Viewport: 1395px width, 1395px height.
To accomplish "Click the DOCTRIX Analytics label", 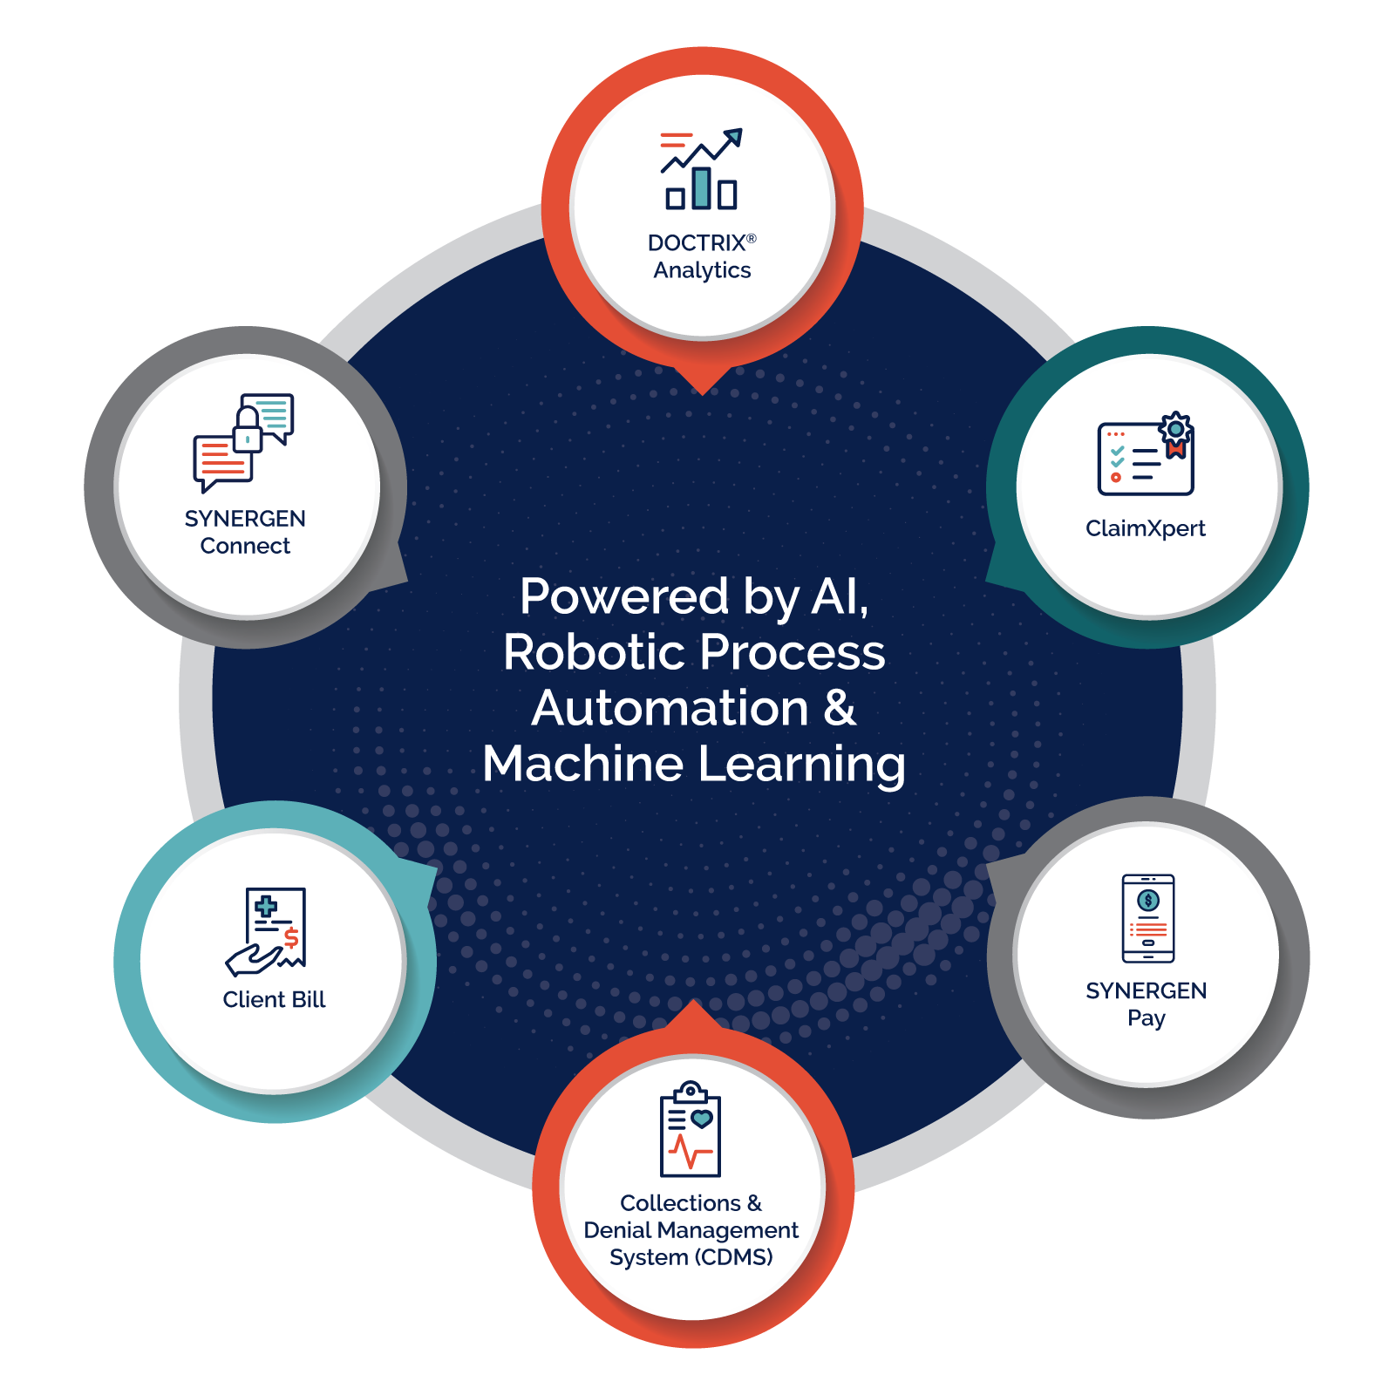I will tap(702, 256).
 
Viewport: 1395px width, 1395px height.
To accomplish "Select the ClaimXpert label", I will tap(1145, 528).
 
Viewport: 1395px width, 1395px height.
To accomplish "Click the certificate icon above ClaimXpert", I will tap(1145, 455).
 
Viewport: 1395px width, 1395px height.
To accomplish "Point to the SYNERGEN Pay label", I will tap(1146, 1004).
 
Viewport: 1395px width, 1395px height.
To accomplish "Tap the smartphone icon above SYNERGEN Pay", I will tap(1147, 918).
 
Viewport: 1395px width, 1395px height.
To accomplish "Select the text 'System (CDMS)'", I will tap(691, 1257).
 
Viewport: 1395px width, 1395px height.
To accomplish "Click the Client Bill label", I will tap(274, 999).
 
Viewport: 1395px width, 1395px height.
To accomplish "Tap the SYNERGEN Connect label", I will tap(245, 532).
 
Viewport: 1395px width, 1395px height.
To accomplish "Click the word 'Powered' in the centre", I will tap(623, 596).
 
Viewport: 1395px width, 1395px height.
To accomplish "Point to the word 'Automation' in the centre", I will tap(670, 708).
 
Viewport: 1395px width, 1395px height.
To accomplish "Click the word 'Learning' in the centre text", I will tap(801, 766).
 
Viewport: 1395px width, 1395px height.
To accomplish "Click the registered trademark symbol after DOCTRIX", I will tap(752, 238).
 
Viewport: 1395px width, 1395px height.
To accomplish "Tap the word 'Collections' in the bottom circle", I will tap(679, 1203).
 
